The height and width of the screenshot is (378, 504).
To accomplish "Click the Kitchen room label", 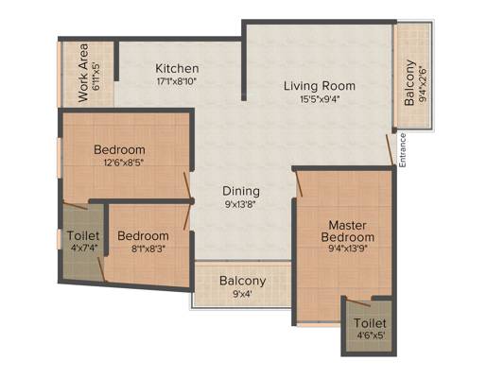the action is coord(177,68).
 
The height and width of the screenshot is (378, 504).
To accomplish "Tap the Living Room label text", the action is coord(320,86).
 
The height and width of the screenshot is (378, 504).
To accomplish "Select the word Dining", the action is coord(241,191).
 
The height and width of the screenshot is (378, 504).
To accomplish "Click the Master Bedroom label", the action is coord(347,232).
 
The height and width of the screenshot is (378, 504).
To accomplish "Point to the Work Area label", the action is coord(83,73).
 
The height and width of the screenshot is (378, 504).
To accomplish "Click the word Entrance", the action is coord(403,150).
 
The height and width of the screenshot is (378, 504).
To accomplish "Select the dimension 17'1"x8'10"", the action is coord(177,81).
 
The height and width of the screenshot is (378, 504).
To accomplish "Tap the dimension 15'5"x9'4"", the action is coord(320,99).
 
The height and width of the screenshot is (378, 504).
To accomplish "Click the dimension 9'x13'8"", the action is coord(240,204).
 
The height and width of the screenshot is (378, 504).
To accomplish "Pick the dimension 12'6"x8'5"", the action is coord(124,163).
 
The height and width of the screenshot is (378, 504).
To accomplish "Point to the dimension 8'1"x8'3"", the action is coord(148,249).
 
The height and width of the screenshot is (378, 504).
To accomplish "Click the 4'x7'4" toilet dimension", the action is coord(83,248).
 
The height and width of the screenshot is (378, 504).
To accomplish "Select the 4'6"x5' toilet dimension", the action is coord(371,335).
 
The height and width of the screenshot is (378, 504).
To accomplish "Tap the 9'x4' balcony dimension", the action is coord(243,294).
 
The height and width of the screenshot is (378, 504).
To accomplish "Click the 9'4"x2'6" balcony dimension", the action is coord(423,84).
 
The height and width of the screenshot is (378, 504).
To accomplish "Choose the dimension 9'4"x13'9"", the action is coord(348,249).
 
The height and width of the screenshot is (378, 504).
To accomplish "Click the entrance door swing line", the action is coord(390,149).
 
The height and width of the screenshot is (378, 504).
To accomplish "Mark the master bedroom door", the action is coord(299,183).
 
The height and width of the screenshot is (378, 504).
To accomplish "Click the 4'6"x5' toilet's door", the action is coord(358,302).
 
